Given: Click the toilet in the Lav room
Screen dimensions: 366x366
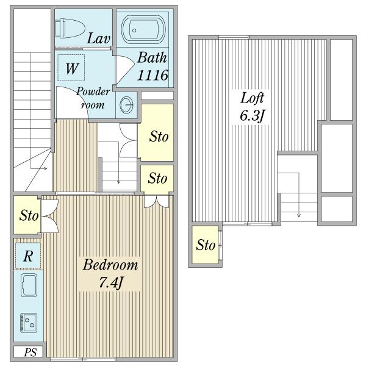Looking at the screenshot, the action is pos(70,29).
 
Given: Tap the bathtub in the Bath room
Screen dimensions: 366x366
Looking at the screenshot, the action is pos(143,30).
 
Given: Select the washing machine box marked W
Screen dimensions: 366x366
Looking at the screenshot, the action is pos(71,68).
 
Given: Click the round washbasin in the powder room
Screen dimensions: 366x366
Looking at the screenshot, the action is pos(127,105).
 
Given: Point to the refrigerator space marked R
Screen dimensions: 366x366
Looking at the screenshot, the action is pos(28,256).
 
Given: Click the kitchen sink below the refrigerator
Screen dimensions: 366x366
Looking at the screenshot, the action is pos(29,285).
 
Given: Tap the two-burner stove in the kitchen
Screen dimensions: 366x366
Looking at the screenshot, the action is pos(29,323).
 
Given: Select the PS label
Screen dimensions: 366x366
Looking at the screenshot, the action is pos(30,353).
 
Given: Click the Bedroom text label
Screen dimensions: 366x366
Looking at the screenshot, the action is pos(110,265).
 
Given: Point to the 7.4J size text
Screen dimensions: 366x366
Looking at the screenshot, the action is pos(110,282).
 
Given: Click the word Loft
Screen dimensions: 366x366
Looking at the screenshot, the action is pos(252,98).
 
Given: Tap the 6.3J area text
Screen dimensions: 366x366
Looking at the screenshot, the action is pos(252,115).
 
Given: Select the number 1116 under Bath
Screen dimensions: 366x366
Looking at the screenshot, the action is pos(152,75).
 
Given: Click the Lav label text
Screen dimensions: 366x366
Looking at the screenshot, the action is pos(98,38).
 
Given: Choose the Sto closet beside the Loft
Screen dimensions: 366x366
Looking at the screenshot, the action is pos(206,245).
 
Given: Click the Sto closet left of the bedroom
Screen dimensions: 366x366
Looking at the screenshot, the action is pos(27,215).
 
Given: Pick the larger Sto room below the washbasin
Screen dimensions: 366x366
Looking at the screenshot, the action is pos(156,132).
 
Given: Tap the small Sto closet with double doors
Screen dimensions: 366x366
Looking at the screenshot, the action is pos(157,179).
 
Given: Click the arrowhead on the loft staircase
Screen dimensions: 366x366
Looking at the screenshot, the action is pos(299,215).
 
